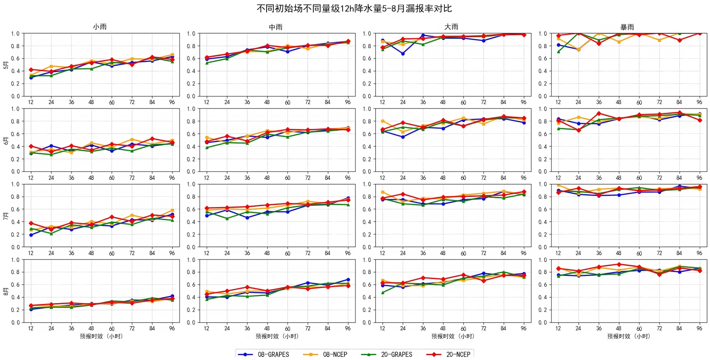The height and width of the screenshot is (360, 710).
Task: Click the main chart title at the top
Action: (354, 8)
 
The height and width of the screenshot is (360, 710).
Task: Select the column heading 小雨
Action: (100, 27)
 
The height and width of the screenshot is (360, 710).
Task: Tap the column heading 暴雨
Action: (627, 27)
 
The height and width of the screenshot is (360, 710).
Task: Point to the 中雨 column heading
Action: (275, 27)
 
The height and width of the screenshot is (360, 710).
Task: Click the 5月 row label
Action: (6, 65)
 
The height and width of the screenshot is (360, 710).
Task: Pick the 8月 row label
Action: (6, 292)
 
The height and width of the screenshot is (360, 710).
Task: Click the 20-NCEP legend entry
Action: (448, 354)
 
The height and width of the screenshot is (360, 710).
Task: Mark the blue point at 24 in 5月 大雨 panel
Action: (403, 54)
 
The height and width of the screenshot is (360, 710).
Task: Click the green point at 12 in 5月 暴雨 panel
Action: (558, 52)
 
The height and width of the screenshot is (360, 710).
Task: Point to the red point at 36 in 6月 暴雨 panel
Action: (599, 114)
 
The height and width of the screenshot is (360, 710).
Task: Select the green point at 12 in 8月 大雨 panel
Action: (383, 293)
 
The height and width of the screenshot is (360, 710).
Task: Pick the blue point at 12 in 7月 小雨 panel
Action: (31, 235)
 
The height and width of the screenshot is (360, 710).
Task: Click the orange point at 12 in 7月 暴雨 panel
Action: (558, 185)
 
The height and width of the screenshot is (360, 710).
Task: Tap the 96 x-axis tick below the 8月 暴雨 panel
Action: (699, 328)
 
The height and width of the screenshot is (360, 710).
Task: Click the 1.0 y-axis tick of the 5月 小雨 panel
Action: (15, 34)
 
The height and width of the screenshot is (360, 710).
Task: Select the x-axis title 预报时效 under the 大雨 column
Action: (452, 336)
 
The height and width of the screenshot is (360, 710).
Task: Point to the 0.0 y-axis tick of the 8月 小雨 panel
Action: (15, 323)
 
